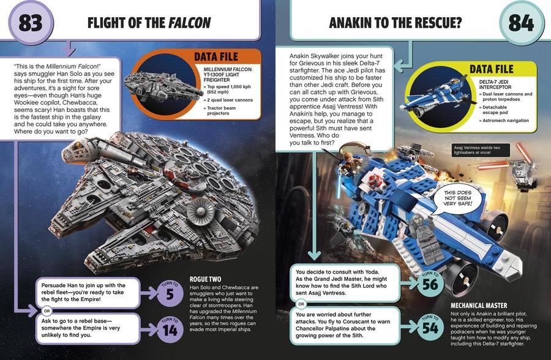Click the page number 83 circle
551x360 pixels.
point(31,23)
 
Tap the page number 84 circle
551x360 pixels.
point(521,23)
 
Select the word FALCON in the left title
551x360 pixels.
point(190,23)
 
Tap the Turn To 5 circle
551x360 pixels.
point(170,293)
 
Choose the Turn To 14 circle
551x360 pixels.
point(170,329)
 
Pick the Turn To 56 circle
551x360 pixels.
point(430,283)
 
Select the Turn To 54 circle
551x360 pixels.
point(430,326)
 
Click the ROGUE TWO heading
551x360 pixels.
point(206,279)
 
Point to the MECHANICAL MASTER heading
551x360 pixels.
point(479,306)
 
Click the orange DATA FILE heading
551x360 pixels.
point(216,56)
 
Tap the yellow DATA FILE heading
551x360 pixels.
point(492,69)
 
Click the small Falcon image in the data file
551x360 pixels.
point(163,88)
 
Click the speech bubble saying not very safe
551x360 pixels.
point(457,199)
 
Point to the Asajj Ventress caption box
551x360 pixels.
point(481,150)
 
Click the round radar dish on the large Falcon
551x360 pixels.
point(201,211)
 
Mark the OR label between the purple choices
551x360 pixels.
point(47,311)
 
